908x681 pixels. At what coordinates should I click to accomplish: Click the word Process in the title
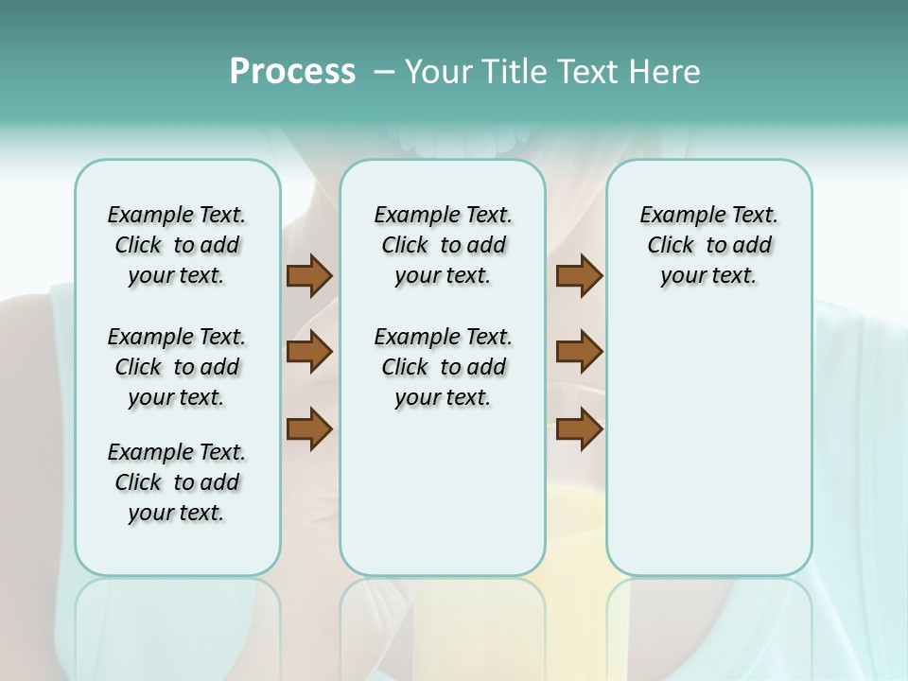292,71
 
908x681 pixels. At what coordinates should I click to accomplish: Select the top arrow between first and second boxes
309,276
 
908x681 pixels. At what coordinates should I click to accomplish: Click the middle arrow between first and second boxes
309,353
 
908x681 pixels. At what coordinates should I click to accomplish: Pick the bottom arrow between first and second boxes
309,428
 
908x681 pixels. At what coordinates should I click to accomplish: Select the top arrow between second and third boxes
579,276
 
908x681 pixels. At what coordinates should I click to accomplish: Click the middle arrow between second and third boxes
579,353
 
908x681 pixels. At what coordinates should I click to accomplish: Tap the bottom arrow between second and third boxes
579,428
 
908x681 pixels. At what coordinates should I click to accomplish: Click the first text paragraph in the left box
177,245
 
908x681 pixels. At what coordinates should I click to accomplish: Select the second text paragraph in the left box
177,367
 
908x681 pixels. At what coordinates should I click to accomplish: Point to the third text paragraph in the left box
177,482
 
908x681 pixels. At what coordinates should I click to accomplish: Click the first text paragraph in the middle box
443,245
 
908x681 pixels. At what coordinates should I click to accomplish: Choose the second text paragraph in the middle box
443,367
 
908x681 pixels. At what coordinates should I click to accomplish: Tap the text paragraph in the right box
709,245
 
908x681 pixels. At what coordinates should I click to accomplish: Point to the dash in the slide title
384,72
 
